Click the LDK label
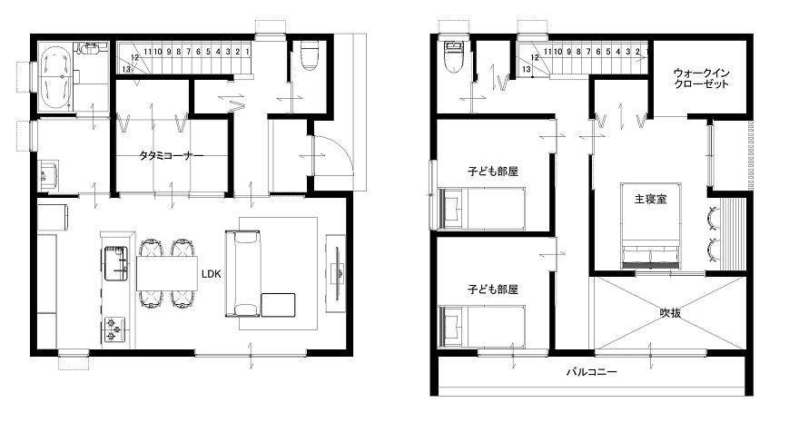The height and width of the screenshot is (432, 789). [212, 274]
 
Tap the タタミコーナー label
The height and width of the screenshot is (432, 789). [172, 156]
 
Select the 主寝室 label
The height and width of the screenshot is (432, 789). [650, 199]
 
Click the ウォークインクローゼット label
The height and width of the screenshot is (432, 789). [701, 78]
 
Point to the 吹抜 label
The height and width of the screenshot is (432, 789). [670, 313]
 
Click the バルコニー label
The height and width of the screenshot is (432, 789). [591, 372]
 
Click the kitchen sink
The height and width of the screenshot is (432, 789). [117, 263]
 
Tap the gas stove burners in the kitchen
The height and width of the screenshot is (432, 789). [114, 329]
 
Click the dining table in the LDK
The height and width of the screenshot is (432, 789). [166, 273]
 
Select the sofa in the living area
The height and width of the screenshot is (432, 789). [243, 273]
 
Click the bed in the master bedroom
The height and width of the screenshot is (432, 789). [651, 225]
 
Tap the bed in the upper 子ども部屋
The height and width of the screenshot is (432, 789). [482, 208]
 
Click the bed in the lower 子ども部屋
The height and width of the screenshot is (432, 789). [482, 327]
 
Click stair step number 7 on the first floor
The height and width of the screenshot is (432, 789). [188, 52]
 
